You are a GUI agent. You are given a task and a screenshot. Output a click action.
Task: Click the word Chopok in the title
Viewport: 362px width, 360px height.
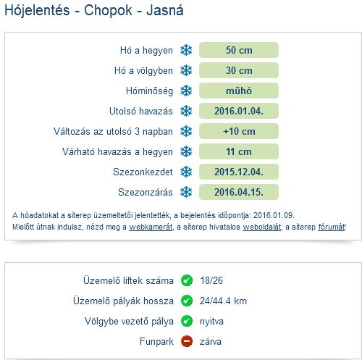point(108,11)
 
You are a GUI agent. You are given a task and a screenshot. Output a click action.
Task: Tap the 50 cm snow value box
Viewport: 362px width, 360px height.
point(239,50)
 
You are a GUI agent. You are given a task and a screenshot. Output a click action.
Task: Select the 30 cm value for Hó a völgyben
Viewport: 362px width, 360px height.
point(239,70)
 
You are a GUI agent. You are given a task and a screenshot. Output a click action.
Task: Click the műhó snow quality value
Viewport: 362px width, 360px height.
point(239,91)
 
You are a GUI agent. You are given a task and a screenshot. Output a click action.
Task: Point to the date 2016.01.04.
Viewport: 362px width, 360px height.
point(239,111)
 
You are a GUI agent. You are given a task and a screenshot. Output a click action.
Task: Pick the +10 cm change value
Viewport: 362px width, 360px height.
point(239,131)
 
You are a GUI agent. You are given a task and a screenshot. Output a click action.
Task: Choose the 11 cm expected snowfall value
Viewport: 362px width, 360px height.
point(239,151)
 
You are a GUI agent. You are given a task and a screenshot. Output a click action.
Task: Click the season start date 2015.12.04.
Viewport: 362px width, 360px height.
point(239,172)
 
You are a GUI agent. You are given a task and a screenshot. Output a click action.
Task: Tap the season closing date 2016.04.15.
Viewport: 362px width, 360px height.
point(239,192)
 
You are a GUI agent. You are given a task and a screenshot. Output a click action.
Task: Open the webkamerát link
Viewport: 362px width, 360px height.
point(151,227)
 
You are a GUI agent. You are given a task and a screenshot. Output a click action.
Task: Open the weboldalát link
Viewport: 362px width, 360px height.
point(262,227)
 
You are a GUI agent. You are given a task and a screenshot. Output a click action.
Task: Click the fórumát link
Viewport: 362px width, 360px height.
point(332,227)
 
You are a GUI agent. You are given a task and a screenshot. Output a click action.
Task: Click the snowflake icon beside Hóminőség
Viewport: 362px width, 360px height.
point(186,91)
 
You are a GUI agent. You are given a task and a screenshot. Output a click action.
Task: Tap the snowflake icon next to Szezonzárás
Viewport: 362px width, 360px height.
point(186,192)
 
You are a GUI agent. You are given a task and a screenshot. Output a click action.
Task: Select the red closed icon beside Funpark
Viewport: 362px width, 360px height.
point(187,341)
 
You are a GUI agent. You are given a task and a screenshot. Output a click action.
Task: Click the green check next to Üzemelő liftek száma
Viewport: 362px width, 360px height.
point(187,280)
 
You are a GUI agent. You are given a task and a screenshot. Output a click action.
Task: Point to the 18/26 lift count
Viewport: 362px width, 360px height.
point(211,280)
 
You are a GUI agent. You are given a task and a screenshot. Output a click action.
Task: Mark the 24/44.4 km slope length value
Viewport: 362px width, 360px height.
point(223,301)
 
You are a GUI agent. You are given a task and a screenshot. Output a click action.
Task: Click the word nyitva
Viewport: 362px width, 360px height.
point(211,322)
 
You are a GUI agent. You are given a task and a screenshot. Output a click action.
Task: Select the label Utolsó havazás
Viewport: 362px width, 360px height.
point(141,111)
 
